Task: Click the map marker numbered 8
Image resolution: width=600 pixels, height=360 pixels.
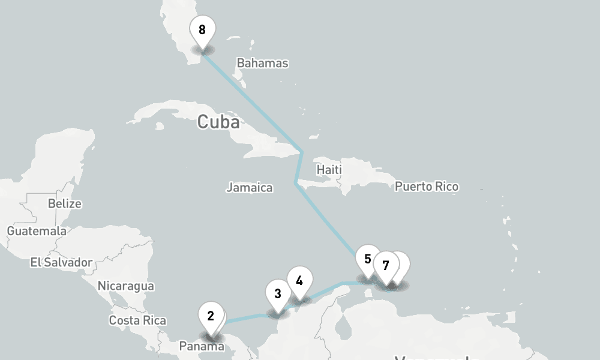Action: [202, 30]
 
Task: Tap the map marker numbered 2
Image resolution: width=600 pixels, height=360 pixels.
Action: [211, 316]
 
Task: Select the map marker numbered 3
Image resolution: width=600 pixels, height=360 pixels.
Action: [278, 294]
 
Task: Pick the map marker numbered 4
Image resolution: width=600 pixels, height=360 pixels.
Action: [299, 280]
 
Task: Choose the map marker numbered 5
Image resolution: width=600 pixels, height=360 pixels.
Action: [368, 260]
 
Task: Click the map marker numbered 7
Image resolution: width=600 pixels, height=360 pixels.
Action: [386, 265]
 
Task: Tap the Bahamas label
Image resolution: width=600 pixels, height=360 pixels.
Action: [262, 63]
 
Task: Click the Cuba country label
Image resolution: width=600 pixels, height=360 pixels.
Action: [218, 122]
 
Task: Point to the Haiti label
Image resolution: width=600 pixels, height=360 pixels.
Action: [329, 170]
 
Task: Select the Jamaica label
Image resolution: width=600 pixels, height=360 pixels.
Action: [250, 188]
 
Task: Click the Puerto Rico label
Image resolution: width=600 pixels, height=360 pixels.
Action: [427, 187]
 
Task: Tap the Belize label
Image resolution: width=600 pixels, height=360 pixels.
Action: [65, 203]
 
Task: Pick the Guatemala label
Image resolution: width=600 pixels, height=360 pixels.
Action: [37, 231]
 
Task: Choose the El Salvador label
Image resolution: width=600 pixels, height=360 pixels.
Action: [61, 262]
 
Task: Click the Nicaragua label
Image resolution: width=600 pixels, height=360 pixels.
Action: [125, 286]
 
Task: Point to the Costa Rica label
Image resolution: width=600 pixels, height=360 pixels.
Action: [137, 320]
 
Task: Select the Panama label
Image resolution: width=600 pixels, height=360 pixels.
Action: [202, 346]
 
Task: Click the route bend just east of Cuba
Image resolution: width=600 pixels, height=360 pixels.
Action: [302, 152]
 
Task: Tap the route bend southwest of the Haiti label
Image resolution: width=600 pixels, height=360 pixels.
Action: [296, 183]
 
